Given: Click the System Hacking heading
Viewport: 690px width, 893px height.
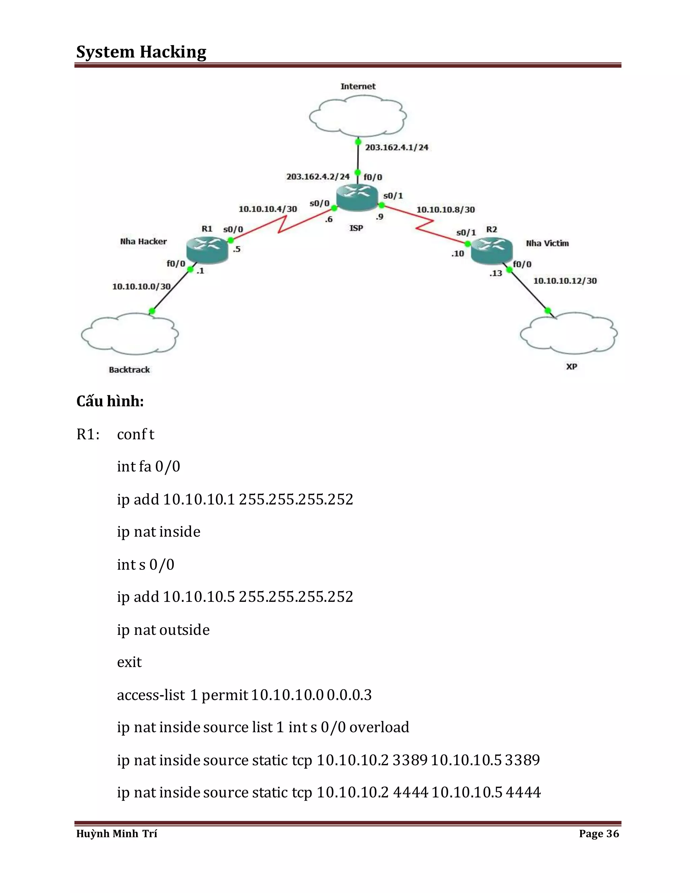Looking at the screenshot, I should tap(141, 52).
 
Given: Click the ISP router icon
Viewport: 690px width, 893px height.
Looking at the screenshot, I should tap(356, 197).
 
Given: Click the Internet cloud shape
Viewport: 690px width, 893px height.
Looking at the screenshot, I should tap(358, 116).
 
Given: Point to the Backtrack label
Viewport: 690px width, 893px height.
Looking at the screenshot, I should tap(129, 370).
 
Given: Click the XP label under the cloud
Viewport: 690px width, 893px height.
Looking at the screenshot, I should tap(571, 366).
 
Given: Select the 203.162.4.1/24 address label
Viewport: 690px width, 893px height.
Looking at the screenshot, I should tap(397, 147).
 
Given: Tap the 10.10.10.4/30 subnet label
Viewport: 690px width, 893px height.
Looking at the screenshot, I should tap(268, 209).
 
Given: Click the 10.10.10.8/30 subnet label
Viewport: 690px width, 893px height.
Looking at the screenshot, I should tap(445, 210).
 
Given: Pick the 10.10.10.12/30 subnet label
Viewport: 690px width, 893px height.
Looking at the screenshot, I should tap(565, 281).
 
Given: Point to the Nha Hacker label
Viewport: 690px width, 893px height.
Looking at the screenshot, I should tap(144, 242).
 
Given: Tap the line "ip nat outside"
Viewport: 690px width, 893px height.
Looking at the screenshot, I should tap(163, 630).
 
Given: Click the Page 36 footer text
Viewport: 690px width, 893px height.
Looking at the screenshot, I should tap(599, 834).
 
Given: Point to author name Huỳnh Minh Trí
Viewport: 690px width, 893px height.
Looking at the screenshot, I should tap(117, 834).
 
